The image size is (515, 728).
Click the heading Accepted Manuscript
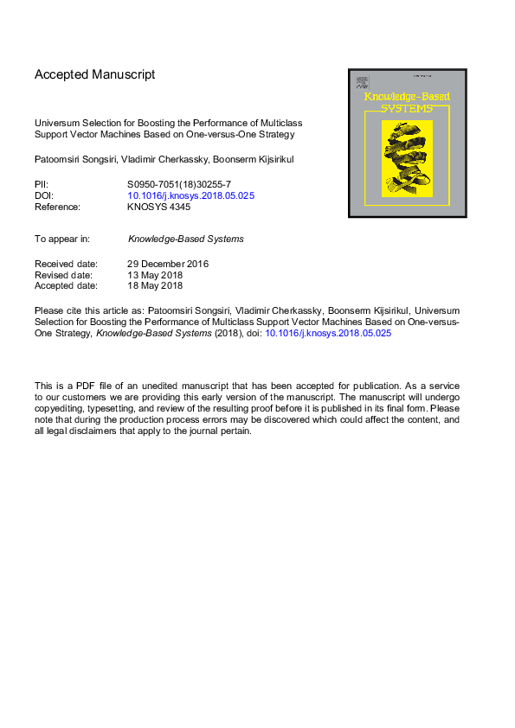(x=94, y=74)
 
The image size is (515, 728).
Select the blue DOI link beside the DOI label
(x=191, y=195)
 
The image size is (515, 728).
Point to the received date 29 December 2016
(x=168, y=264)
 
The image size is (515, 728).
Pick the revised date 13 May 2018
(x=155, y=275)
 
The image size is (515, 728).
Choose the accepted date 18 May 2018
(x=155, y=285)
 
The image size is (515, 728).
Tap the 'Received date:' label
(x=66, y=264)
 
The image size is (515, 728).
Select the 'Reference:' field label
(x=57, y=207)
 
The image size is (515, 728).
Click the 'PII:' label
(x=42, y=184)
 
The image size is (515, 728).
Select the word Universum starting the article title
(x=57, y=124)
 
